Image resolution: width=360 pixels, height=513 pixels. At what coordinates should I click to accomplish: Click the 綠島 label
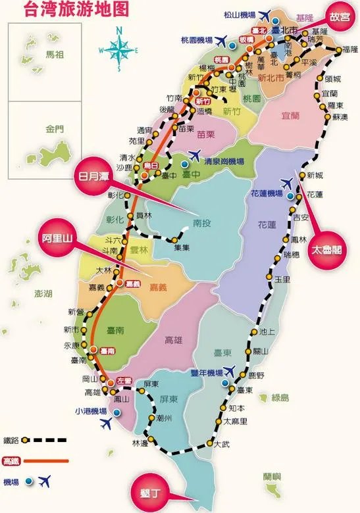click(x=280, y=397)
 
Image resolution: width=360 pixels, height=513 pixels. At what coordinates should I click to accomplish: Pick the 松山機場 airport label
click(x=240, y=12)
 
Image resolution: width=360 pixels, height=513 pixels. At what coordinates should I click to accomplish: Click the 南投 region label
click(x=203, y=224)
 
